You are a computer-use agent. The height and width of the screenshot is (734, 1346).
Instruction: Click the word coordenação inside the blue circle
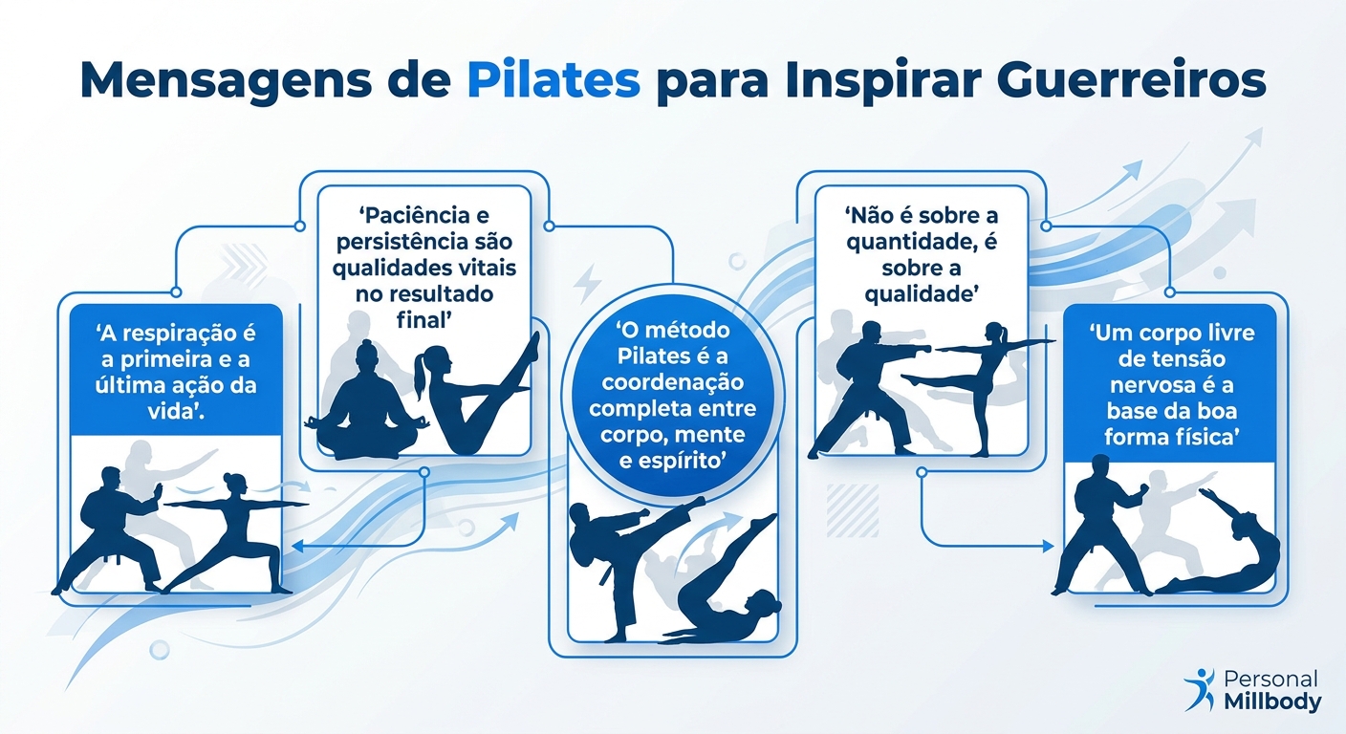tap(672, 384)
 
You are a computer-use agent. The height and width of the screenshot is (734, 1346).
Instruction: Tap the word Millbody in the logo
tap(1272, 702)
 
